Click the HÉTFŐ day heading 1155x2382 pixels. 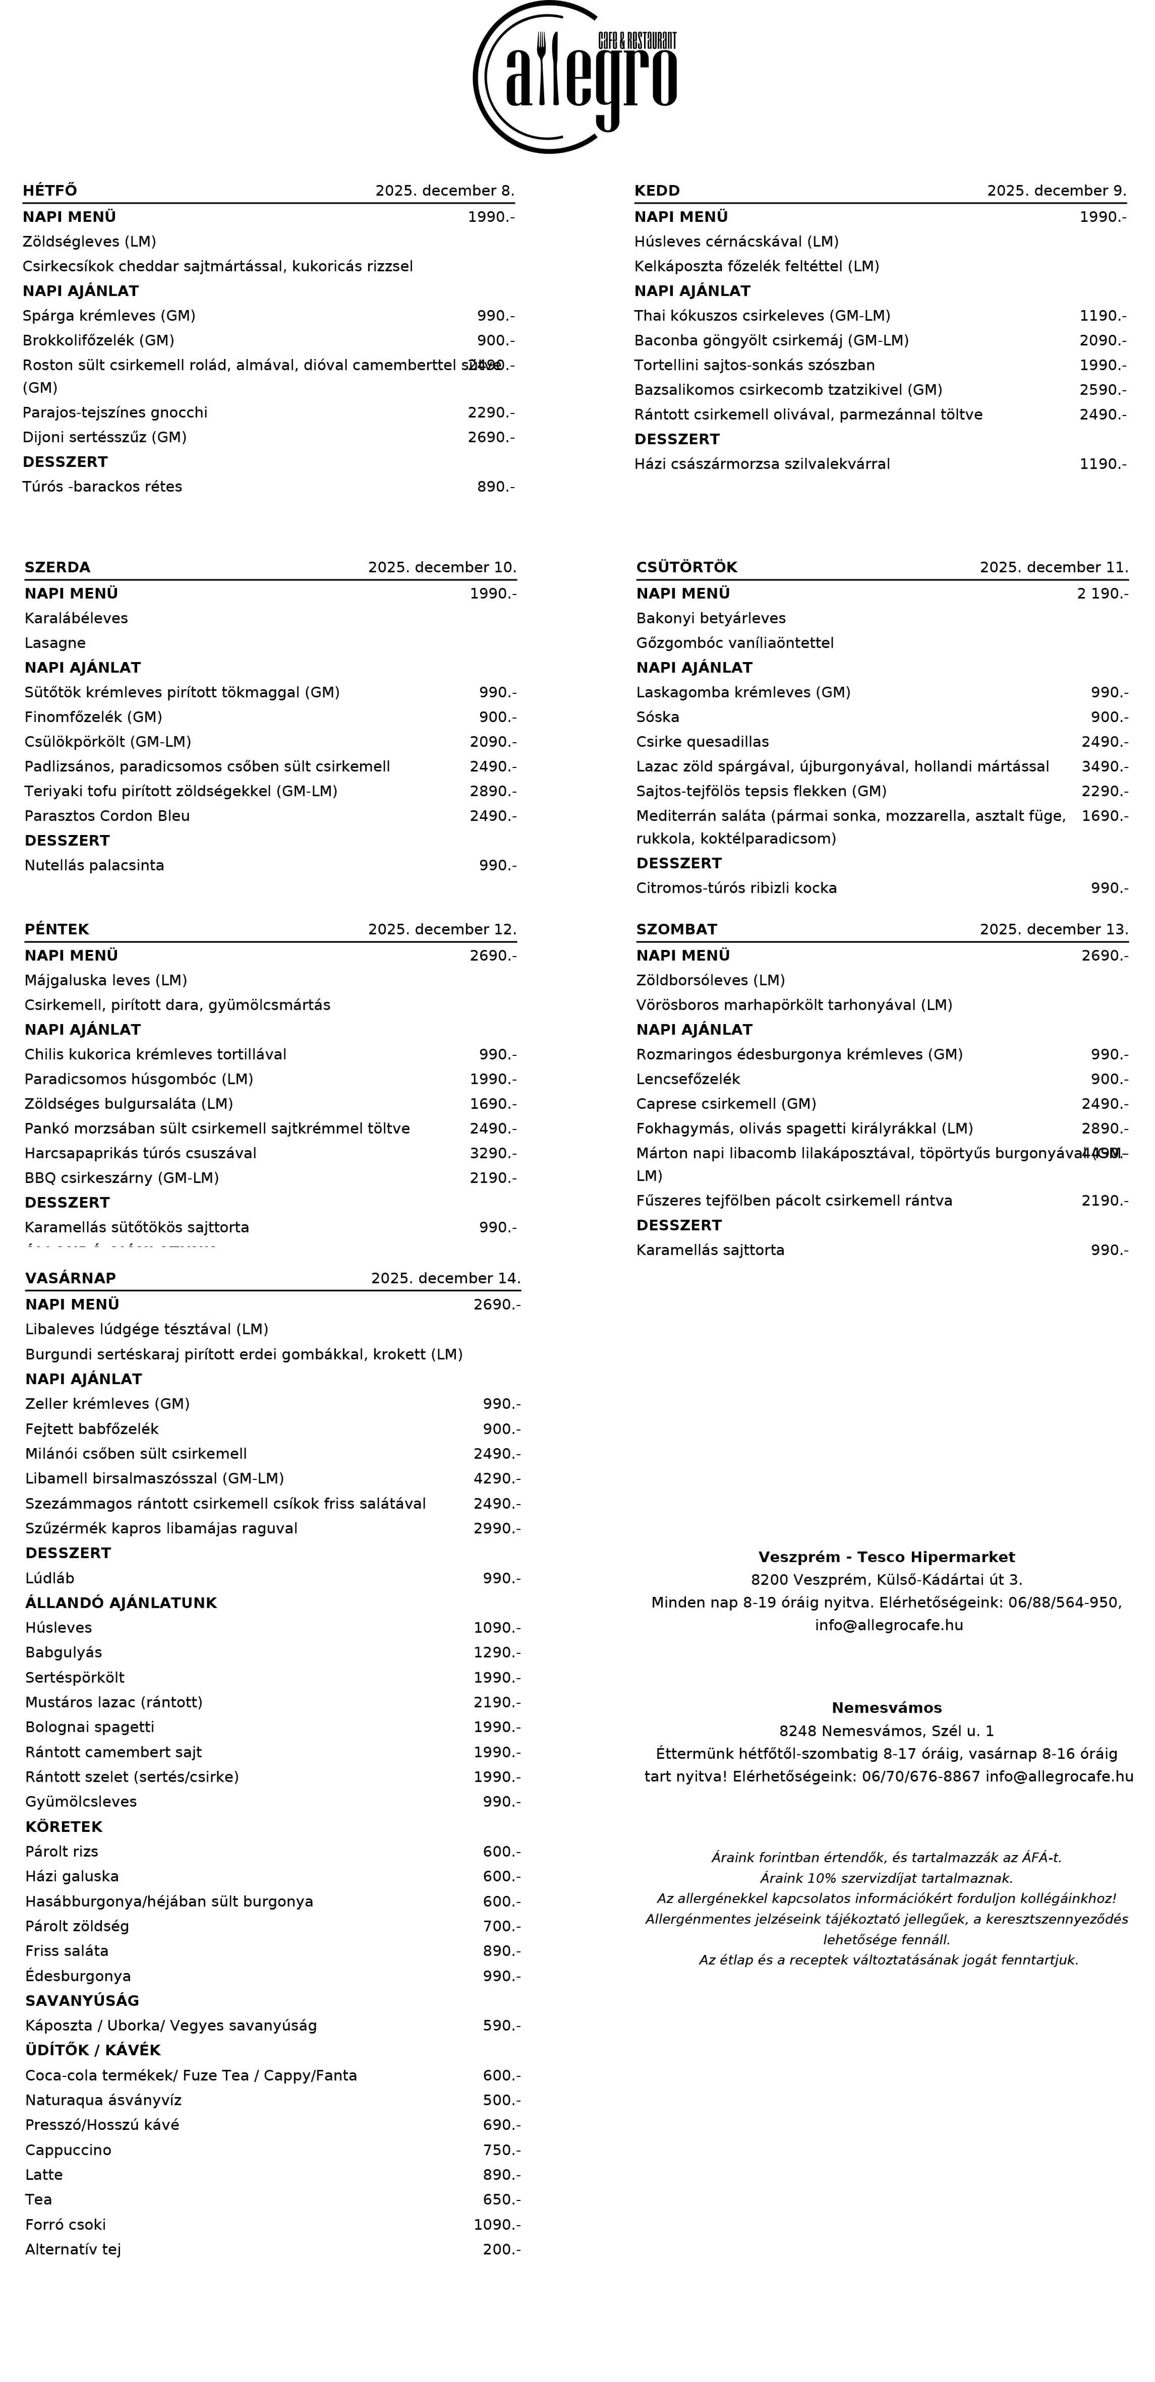coord(50,191)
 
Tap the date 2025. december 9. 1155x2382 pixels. coord(1056,191)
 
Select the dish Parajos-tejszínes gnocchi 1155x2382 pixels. coord(114,412)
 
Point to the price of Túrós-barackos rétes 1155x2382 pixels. coord(496,487)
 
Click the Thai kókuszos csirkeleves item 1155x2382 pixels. coord(762,315)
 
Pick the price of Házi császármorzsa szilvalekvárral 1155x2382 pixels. coord(1102,463)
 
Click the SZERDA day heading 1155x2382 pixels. coord(57,567)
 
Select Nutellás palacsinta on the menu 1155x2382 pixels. coord(94,865)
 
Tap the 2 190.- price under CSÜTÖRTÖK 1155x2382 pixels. coord(1102,592)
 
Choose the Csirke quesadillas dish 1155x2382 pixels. coord(702,742)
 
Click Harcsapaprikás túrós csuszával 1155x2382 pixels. coord(141,1153)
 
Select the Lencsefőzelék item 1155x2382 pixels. coord(688,1079)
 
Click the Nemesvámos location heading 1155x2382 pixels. coord(886,1708)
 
